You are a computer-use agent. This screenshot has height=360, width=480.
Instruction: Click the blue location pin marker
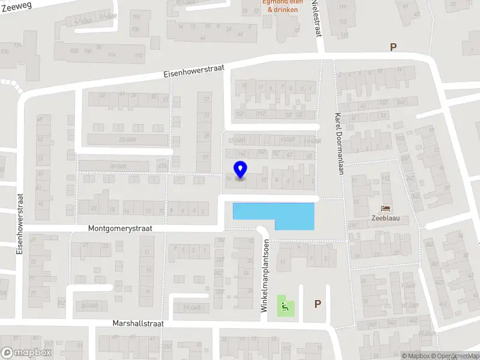coord(240,170)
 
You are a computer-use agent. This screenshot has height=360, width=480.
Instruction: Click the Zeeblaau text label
coord(387,219)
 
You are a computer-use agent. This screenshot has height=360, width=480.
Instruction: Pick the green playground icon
coord(282,305)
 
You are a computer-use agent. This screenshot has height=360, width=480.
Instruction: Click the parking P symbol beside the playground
coord(317,304)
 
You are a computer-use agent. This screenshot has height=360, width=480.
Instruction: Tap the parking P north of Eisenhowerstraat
coord(394,47)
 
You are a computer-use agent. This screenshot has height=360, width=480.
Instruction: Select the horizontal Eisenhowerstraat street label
coord(194,71)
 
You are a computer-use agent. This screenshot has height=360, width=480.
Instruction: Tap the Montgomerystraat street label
coord(120,229)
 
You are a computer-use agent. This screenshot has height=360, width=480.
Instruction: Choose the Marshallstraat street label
coord(138,323)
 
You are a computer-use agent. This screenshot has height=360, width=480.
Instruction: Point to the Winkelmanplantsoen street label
coord(264,275)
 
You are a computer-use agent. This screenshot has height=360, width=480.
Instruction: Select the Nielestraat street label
coord(316,18)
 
